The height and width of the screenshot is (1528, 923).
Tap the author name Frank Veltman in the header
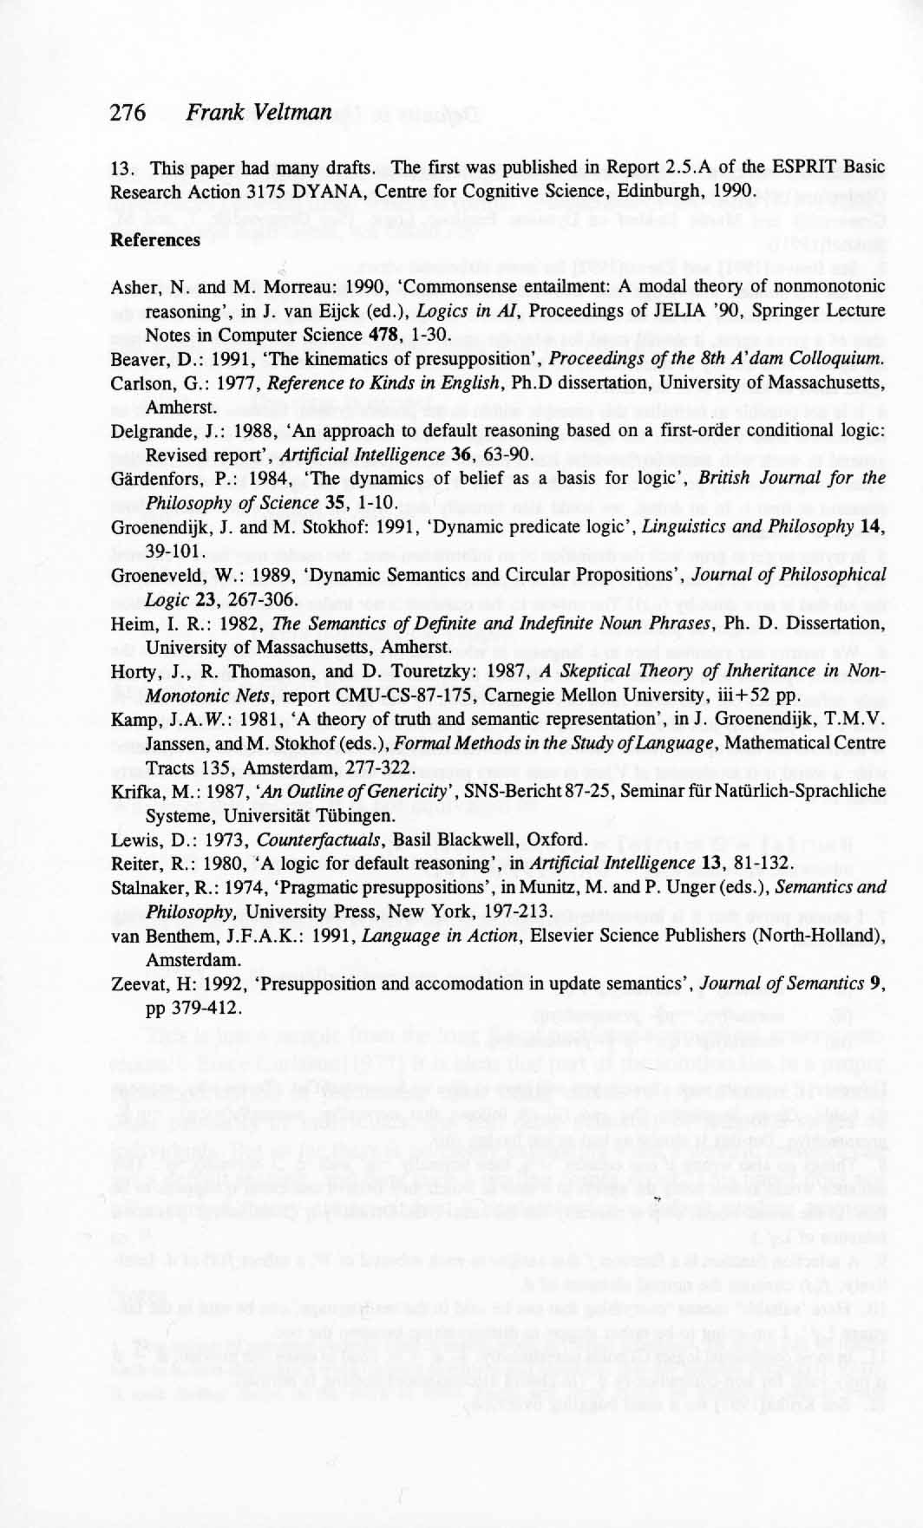click(259, 113)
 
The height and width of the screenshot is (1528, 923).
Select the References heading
click(155, 239)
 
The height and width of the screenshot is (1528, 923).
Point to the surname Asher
click(132, 287)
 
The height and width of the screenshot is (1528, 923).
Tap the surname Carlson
click(137, 382)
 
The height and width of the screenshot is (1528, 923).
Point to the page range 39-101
click(173, 551)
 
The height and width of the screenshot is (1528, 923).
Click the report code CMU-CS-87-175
click(346, 695)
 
